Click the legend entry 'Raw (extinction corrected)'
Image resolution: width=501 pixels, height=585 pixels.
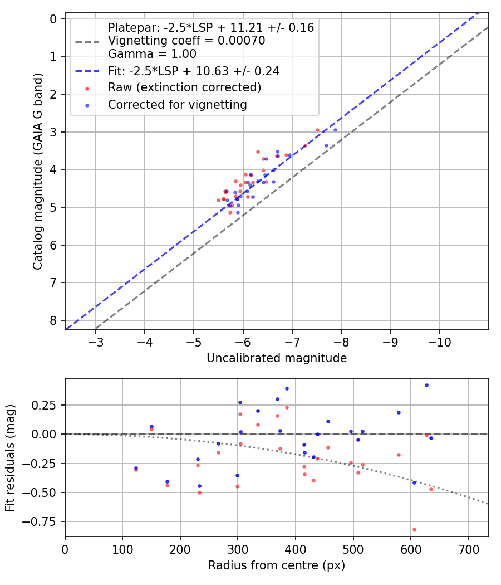tap(184, 87)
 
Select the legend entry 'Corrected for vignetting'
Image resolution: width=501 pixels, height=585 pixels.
tap(178, 104)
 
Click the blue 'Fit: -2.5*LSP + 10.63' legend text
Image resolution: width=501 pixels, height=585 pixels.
tap(194, 71)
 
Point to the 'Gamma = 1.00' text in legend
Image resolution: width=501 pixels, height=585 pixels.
tap(152, 54)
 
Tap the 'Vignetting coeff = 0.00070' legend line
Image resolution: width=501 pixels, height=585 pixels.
tap(186, 41)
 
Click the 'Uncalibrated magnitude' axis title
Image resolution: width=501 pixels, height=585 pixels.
tap(277, 358)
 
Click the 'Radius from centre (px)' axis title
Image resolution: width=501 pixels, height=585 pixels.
tap(277, 565)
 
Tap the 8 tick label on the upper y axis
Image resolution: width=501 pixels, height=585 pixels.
tap(53, 320)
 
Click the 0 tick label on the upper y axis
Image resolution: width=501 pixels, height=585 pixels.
tap(53, 19)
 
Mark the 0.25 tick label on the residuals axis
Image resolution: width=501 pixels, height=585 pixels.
tap(47, 405)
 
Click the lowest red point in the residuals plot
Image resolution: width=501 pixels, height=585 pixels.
tap(414, 529)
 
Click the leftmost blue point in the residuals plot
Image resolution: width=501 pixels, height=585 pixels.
tap(136, 468)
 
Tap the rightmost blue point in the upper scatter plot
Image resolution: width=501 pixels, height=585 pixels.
tap(335, 130)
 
